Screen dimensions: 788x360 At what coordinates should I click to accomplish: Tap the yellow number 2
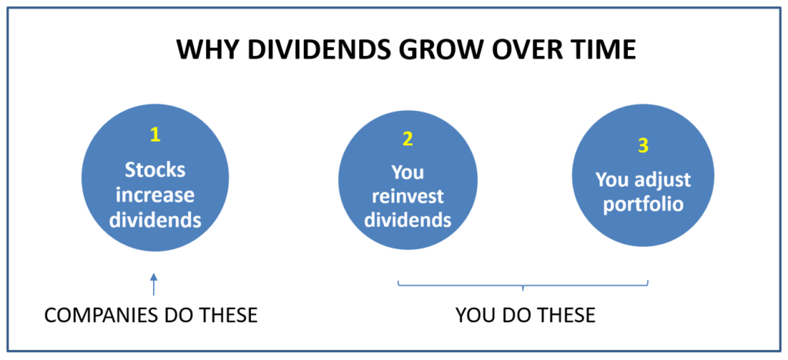408,139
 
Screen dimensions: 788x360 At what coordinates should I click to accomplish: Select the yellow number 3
643,145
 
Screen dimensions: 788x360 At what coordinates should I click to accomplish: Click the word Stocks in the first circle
155,170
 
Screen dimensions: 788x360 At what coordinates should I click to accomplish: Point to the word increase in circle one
155,195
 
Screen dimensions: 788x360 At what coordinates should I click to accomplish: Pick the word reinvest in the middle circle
408,196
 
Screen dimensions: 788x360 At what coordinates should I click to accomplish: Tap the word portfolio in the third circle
643,205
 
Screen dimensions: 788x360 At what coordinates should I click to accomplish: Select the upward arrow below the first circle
154,284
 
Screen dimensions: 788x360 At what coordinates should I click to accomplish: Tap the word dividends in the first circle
155,221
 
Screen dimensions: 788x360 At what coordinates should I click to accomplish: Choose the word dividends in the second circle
408,221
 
